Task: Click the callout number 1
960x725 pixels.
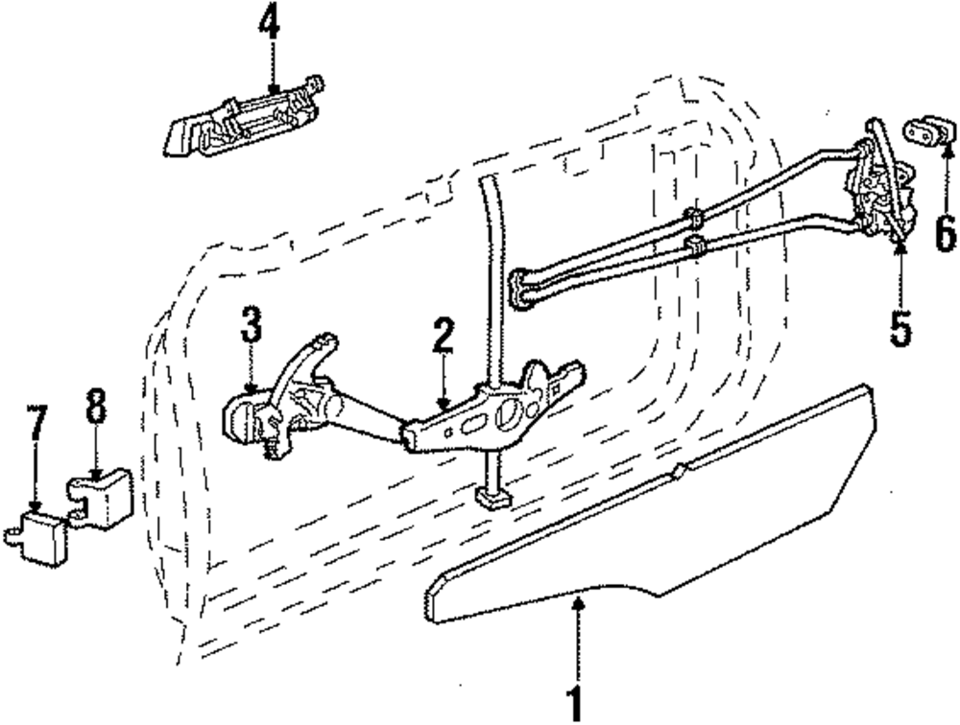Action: [575, 703]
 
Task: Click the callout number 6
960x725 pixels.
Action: [946, 230]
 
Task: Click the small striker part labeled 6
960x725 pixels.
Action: [926, 131]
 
